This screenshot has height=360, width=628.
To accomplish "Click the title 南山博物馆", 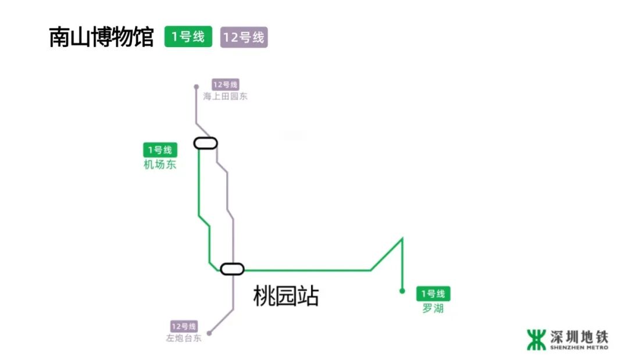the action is [x=101, y=37].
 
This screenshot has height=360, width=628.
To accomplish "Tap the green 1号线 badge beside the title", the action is [x=188, y=37].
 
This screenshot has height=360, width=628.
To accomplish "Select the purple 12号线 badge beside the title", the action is [x=244, y=38].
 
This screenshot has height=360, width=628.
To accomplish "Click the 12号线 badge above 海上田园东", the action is [x=225, y=85].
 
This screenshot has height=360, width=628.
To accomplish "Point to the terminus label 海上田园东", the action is [x=225, y=97].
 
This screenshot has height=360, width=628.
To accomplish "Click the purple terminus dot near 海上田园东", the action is [x=197, y=87].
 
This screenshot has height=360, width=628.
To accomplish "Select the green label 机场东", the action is [x=160, y=165].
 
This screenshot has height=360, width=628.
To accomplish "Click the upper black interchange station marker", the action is [x=205, y=143].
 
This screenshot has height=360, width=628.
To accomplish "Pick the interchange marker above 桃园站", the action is [x=232, y=269].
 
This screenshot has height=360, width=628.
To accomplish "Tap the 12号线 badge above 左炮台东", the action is [x=184, y=326].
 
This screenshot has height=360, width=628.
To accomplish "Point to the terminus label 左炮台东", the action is [x=184, y=338].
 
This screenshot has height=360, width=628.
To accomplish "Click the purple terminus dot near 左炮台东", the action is [x=209, y=333].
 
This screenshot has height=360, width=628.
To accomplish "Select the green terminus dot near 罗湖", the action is [x=402, y=291].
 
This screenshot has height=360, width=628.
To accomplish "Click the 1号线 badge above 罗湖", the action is [x=433, y=294].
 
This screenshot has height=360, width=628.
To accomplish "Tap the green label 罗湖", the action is [x=433, y=308].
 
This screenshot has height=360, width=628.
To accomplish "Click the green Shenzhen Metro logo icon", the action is [x=536, y=340].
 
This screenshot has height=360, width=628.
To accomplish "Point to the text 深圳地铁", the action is [x=579, y=336].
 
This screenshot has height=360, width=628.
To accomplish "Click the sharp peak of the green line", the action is [x=402, y=238].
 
